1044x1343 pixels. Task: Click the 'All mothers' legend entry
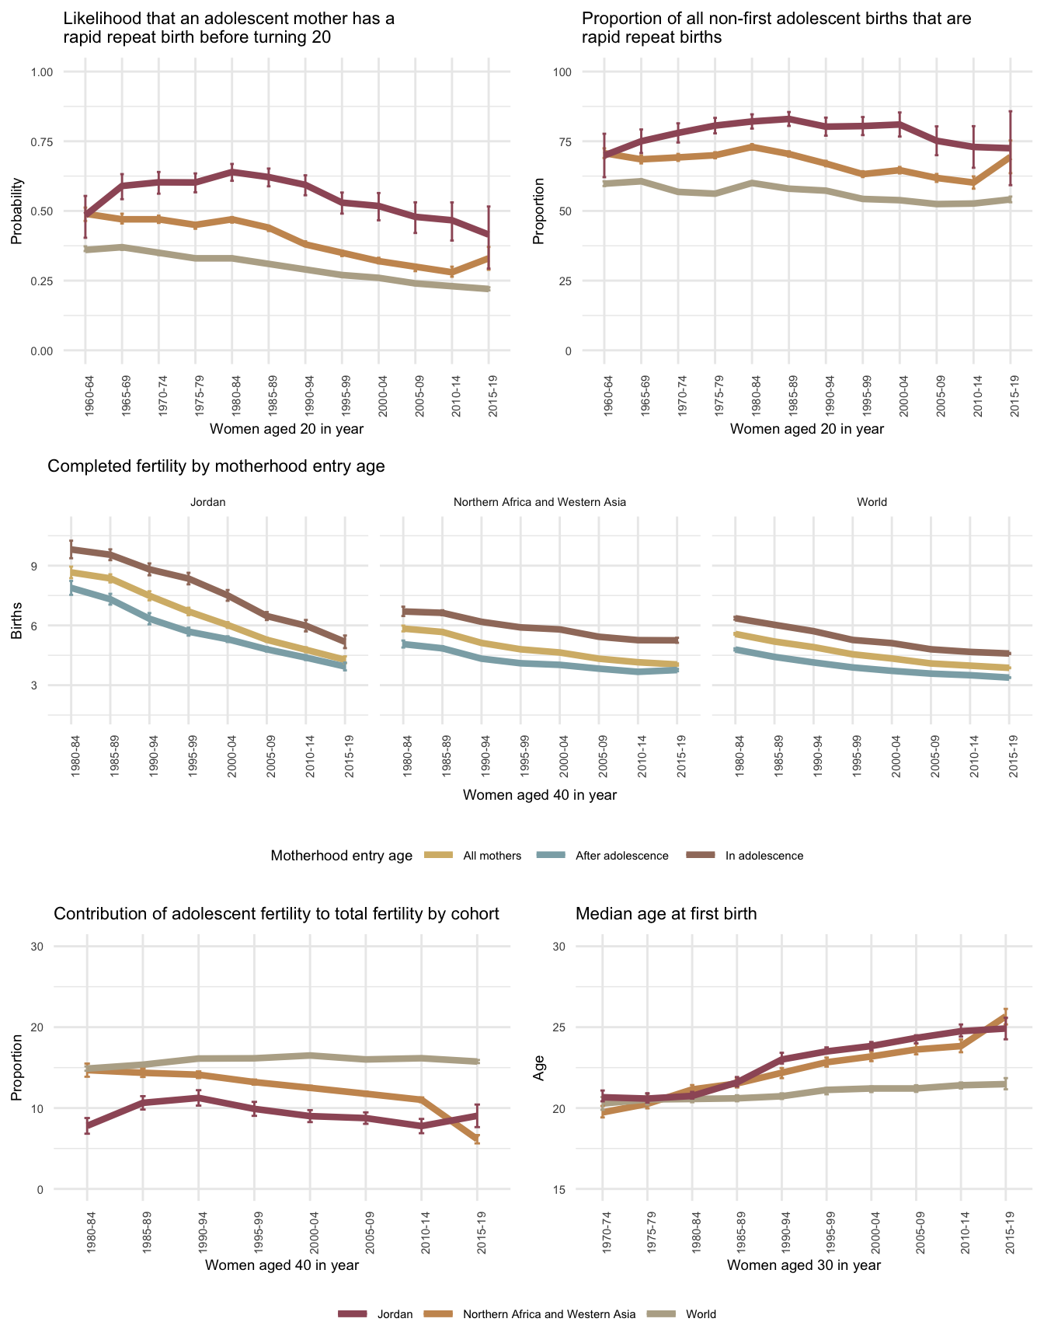[x=492, y=856]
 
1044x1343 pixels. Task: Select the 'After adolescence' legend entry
[x=621, y=856]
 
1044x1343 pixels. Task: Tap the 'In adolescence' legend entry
[x=764, y=856]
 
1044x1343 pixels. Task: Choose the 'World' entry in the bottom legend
[x=701, y=1314]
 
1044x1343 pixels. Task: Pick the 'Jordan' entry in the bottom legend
[x=395, y=1314]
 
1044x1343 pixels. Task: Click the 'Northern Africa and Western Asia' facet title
[x=539, y=502]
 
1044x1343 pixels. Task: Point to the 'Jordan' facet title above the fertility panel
[x=207, y=502]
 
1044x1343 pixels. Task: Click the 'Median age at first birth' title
[x=666, y=914]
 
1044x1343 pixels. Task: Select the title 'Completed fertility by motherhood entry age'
[x=216, y=466]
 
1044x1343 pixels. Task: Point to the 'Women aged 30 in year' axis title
[x=804, y=1265]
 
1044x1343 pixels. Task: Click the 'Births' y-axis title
[x=17, y=626]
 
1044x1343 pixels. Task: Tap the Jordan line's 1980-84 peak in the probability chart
[x=232, y=171]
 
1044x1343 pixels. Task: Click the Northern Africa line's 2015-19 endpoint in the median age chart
[x=1006, y=1014]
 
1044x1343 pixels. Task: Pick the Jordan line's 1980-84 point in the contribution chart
[x=87, y=1125]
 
